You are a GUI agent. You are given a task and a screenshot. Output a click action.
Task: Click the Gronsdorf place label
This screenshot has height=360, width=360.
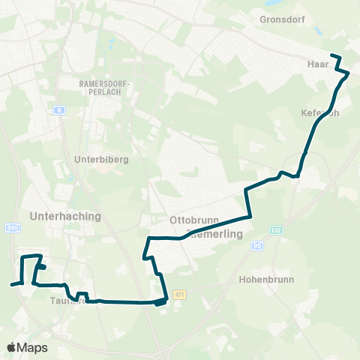point(282,19)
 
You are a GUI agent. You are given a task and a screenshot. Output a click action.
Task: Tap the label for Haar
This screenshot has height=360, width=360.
point(318,64)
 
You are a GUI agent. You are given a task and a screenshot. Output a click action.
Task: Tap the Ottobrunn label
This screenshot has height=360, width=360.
point(193,220)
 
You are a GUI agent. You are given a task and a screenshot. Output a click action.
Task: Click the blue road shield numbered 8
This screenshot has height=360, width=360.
point(58,110)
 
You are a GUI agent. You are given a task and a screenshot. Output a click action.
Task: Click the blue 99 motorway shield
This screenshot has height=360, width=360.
point(257,246)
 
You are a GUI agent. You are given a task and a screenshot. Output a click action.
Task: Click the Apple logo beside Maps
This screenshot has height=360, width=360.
point(11,347)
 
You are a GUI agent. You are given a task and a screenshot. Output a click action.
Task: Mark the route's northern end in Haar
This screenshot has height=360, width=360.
point(331,56)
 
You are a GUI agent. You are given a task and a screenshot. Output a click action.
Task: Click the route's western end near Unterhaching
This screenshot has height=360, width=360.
point(11,285)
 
